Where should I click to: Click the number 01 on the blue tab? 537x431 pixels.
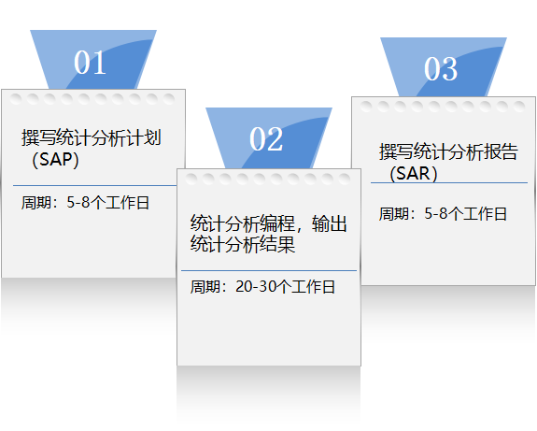coord(90,62)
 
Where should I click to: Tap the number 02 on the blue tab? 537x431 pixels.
coord(266,139)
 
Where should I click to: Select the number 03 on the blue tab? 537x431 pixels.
coord(441,68)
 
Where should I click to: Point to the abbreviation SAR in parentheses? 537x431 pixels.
coord(413,173)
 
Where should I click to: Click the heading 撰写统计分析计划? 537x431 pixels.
coord(92,137)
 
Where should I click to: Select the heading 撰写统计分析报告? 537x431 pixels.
coord(448,151)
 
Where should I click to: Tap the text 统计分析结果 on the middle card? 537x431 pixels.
coord(243,244)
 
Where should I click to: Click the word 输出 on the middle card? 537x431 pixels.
coord(330,223)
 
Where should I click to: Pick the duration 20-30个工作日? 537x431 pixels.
coord(285,287)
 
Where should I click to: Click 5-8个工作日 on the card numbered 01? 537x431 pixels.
coord(108,203)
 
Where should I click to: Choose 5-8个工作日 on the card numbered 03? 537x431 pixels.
coord(465,213)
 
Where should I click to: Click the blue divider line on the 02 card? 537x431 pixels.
coord(269,270)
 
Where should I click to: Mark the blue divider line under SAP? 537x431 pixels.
coord(95,185)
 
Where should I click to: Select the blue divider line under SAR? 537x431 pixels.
coord(449,182)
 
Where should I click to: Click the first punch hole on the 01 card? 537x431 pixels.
coord(16,99)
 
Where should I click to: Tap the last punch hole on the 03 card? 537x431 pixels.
coord(519,107)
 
